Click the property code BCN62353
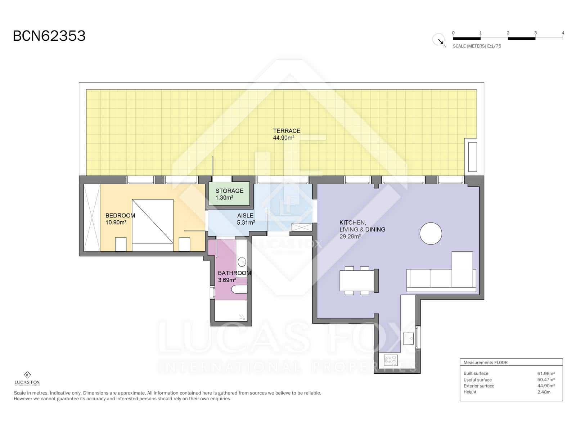pos(49,36)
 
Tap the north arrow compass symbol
pos(439,39)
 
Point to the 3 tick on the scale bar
pos(535,33)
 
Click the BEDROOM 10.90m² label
pos(120,219)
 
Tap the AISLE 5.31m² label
pos(246,219)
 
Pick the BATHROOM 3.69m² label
pos(234,276)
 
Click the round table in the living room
pos(431,234)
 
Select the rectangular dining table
pos(357,280)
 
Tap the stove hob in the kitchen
pos(391,360)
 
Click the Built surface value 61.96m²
pos(546,374)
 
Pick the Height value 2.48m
pos(544,392)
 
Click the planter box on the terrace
pos(472,157)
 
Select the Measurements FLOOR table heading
pos(485,363)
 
